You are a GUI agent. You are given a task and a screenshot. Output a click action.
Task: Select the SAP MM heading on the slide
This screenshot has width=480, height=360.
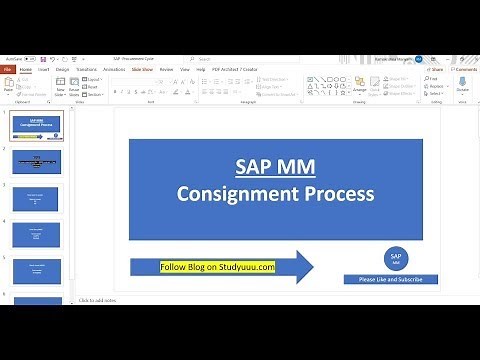click(x=274, y=166)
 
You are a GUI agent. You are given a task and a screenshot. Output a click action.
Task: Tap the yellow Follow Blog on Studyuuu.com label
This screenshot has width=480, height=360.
click(x=217, y=267)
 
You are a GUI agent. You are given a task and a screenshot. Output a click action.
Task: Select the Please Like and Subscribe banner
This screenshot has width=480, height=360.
click(x=391, y=279)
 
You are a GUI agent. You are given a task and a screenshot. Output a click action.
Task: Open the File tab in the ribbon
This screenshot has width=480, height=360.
click(x=8, y=70)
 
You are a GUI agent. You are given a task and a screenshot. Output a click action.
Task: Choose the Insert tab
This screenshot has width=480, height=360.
click(x=45, y=70)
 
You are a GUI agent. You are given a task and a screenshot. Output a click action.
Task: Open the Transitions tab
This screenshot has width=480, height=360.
click(x=88, y=70)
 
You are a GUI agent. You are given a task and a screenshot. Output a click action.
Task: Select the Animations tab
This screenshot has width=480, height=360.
click(x=115, y=70)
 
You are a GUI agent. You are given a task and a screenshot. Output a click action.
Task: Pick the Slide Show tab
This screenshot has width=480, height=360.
click(x=142, y=70)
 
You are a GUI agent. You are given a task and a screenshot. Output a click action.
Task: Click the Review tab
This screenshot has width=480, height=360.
click(x=166, y=70)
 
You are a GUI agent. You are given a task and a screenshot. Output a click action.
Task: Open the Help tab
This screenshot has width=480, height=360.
click(x=202, y=70)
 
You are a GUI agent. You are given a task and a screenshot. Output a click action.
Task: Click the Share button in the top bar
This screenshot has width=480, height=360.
click(x=437, y=70)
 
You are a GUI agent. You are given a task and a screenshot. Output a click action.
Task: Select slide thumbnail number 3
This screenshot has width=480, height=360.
click(x=36, y=198)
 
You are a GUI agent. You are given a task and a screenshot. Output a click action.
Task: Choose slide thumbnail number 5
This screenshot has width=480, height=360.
click(x=36, y=270)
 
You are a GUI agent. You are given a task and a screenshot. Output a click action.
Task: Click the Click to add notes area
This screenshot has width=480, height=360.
click(x=100, y=300)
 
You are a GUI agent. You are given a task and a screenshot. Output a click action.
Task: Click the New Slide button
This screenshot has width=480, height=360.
click(x=61, y=88)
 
